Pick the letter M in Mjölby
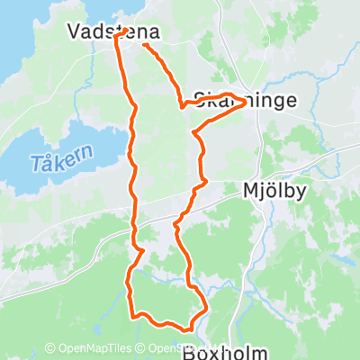click(x=251, y=191)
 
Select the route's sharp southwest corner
click(x=133, y=316)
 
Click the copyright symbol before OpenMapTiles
click(x=49, y=348)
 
